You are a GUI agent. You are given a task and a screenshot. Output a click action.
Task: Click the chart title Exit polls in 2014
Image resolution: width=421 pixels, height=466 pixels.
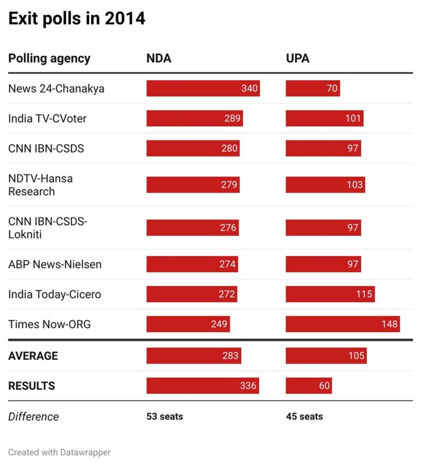point(77,18)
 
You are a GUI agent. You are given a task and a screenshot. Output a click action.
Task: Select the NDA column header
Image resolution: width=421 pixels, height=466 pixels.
point(159,59)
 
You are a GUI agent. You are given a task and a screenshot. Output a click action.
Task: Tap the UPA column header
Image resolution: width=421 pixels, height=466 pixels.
point(297,59)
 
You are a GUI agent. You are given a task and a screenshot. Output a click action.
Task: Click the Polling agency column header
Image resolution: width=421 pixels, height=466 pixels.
point(49,59)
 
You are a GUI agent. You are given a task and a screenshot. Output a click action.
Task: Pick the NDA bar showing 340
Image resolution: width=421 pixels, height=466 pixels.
point(203,88)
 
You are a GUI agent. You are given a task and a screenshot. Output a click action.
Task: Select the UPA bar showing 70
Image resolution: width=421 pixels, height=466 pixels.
point(312,88)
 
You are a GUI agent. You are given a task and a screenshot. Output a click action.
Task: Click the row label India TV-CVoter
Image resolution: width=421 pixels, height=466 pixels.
point(47,118)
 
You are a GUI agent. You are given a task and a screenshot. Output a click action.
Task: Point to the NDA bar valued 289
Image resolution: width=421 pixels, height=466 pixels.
point(194,118)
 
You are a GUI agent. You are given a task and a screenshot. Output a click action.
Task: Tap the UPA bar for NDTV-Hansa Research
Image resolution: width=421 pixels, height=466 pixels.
point(325,185)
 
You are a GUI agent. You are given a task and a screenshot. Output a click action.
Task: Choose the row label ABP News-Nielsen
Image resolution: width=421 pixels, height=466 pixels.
point(55,264)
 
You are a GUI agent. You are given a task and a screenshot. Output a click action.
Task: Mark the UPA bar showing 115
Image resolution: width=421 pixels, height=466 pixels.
point(330,294)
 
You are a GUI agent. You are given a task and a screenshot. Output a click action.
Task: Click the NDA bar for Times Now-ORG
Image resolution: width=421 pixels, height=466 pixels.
point(188,324)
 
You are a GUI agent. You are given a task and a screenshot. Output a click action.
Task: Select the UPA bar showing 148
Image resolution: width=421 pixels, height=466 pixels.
point(342,324)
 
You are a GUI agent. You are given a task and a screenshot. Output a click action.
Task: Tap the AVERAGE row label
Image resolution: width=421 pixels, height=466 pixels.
point(33,356)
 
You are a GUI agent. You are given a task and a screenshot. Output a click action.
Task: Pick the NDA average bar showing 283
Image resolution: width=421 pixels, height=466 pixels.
point(193,356)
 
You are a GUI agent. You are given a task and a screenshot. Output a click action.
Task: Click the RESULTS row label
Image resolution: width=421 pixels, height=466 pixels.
point(32,386)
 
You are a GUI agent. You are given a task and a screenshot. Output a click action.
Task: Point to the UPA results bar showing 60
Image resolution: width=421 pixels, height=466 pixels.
point(309,386)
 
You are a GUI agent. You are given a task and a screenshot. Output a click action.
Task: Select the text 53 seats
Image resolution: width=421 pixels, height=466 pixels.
point(164,416)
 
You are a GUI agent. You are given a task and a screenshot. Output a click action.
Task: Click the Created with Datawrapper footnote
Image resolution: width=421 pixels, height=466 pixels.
point(59,452)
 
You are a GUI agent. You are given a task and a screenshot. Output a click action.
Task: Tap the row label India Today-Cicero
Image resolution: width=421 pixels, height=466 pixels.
point(55,294)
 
